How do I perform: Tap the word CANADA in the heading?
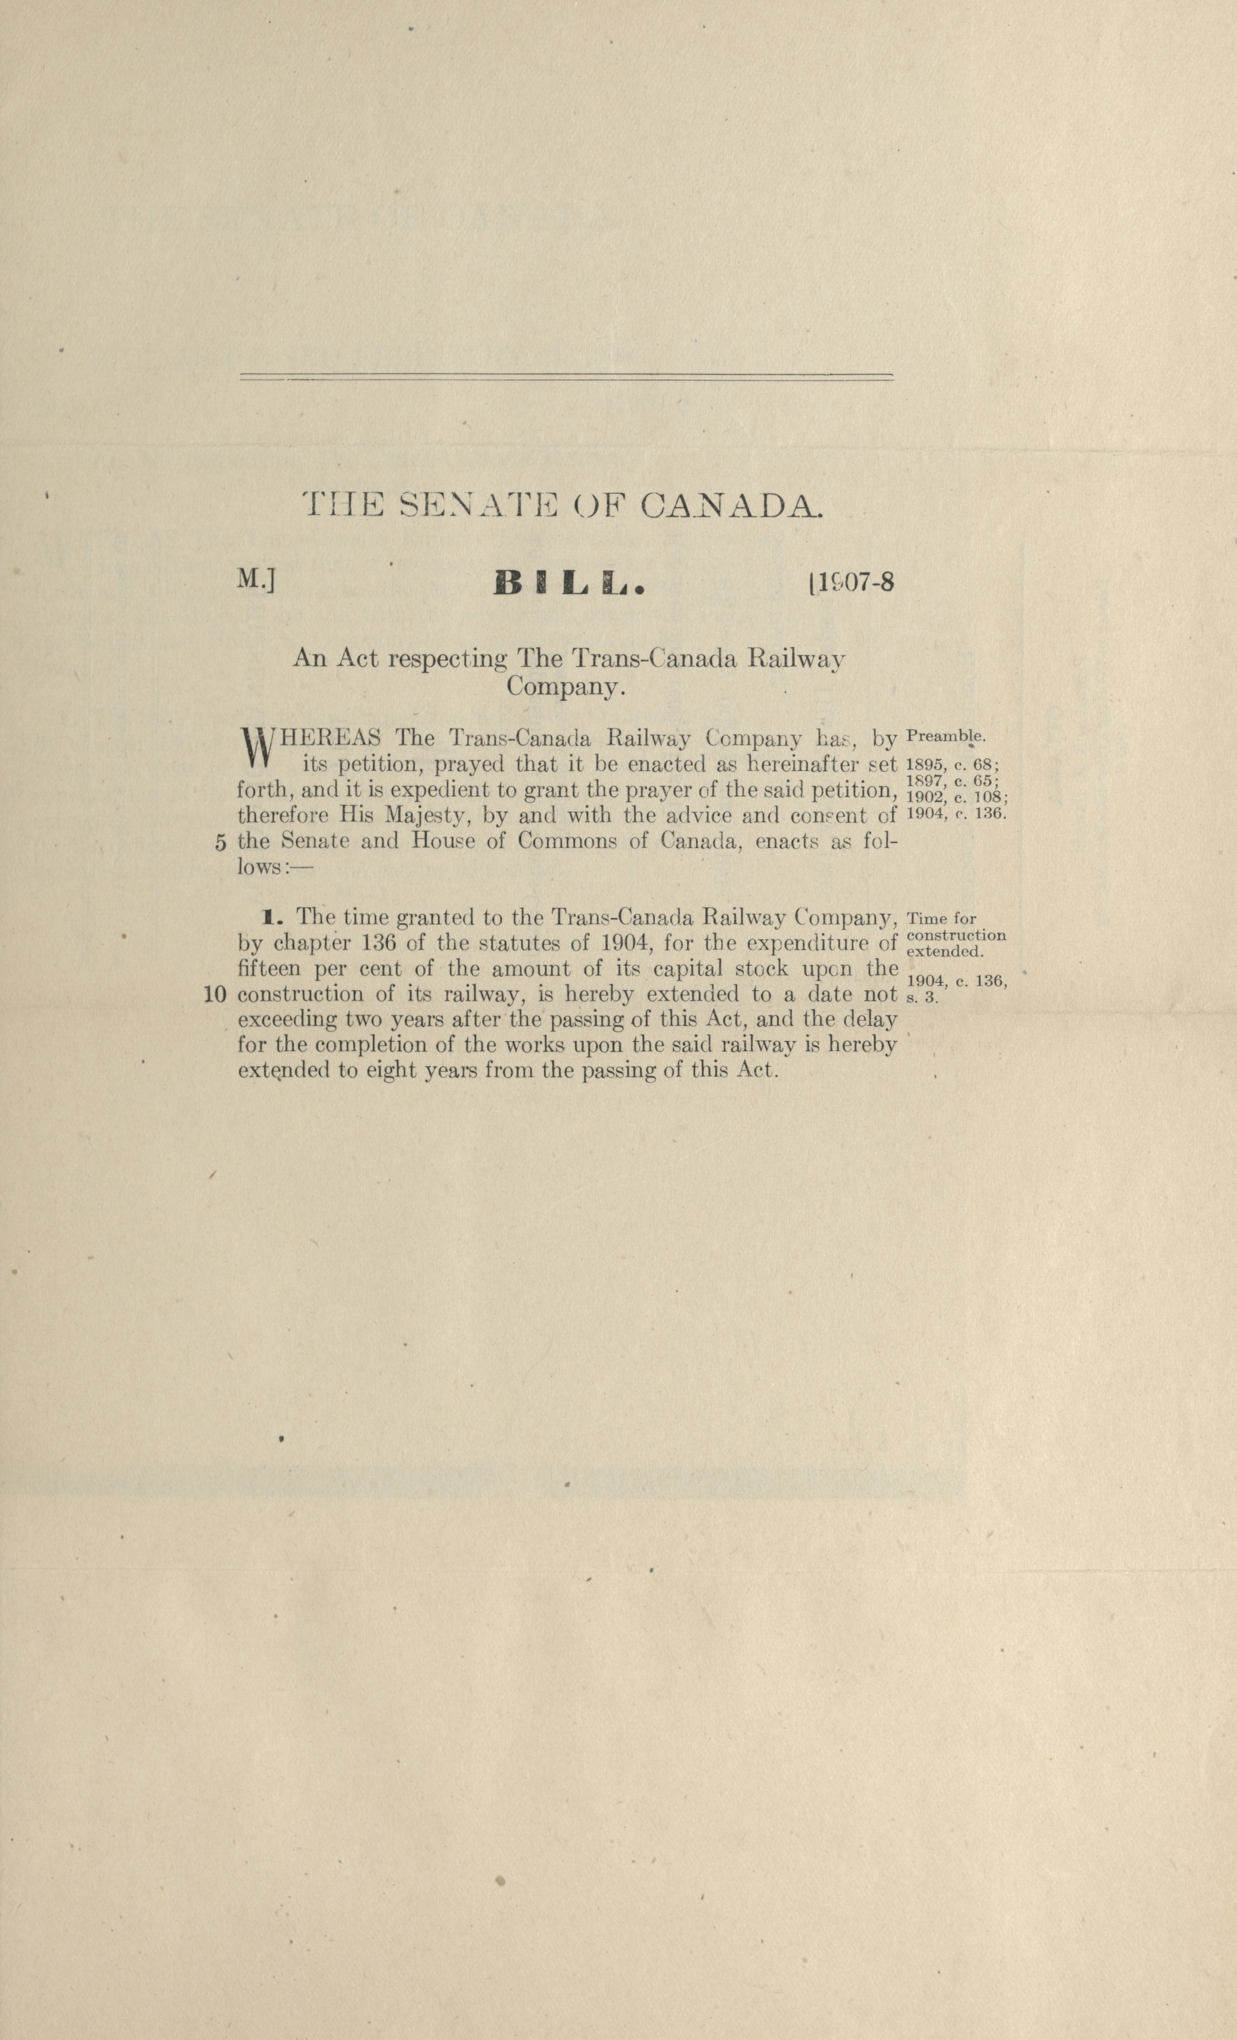[732, 506]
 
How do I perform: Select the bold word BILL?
[568, 585]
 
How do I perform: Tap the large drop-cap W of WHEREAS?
[255, 746]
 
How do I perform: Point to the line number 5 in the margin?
[220, 843]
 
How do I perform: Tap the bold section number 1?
[268, 917]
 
